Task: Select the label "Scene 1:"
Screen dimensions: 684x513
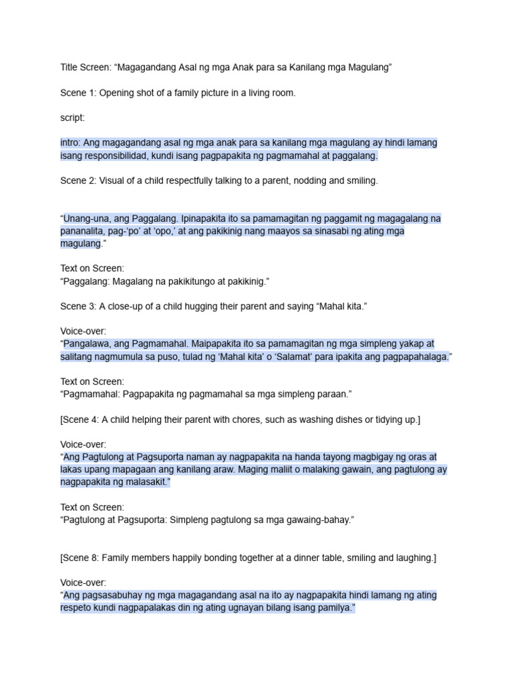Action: tap(77, 93)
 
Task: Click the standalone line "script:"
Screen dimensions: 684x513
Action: tap(72, 118)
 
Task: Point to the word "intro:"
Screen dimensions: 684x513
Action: tap(71, 143)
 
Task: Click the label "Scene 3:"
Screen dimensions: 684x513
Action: tap(77, 306)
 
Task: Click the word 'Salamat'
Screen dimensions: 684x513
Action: tap(303, 357)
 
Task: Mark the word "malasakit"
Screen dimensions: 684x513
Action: tap(145, 482)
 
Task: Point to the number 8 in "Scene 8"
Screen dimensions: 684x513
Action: tap(93, 557)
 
